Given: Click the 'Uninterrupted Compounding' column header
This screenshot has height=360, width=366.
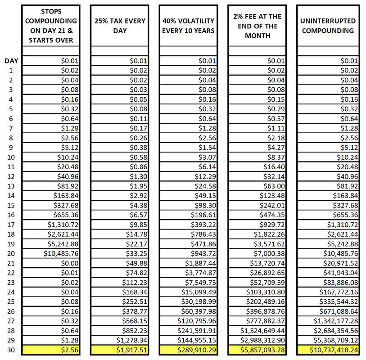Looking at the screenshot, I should [328, 26].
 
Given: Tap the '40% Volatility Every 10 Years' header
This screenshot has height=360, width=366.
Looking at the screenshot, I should [189, 26].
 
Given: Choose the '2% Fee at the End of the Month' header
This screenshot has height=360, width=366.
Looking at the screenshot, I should [258, 26].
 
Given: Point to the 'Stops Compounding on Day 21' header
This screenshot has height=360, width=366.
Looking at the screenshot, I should [51, 26].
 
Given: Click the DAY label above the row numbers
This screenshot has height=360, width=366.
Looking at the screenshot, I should [12, 61].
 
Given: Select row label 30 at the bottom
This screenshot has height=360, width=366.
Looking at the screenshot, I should [12, 350].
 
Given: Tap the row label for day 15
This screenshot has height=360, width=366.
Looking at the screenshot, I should [12, 205].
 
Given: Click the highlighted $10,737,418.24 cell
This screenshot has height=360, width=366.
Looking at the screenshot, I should [328, 350].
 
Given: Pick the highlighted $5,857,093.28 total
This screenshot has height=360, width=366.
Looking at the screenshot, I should [258, 350].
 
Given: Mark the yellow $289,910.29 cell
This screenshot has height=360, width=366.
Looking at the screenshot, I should [189, 350].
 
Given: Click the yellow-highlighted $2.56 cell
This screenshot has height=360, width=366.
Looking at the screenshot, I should [51, 350].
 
